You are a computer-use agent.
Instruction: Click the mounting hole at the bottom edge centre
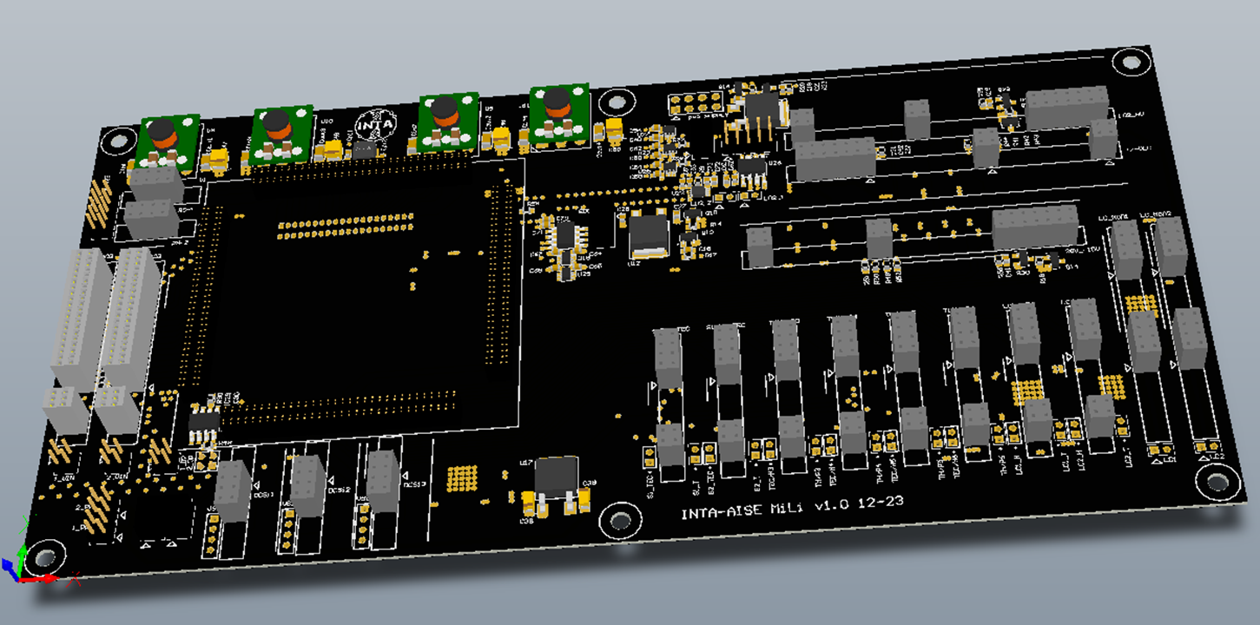(x=620, y=520)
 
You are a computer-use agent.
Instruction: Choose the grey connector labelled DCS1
(x=233, y=490)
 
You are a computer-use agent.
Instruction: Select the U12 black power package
(x=647, y=233)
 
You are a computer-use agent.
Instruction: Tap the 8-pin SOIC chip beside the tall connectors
(x=205, y=424)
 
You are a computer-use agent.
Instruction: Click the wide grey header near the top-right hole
(x=1066, y=105)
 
